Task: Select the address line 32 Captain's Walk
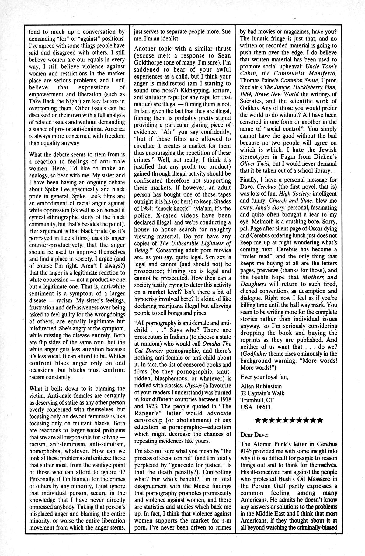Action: (x=262, y=393)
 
